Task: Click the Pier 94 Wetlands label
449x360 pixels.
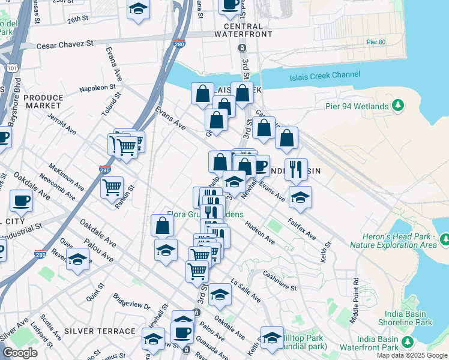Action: (357, 107)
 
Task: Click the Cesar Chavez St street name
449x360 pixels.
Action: (65, 44)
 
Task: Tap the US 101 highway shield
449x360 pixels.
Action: (13, 68)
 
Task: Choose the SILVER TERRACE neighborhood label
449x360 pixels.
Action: (100, 331)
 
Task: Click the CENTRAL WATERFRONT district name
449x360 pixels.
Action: (243, 32)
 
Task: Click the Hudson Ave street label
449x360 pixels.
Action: (260, 233)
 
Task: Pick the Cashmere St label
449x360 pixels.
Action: (281, 280)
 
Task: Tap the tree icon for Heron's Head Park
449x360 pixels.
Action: (445, 240)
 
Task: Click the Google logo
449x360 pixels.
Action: (20, 353)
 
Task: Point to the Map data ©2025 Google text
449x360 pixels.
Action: (412, 355)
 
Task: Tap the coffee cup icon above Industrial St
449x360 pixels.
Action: (22, 200)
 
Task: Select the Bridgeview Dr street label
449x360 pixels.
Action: (131, 302)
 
